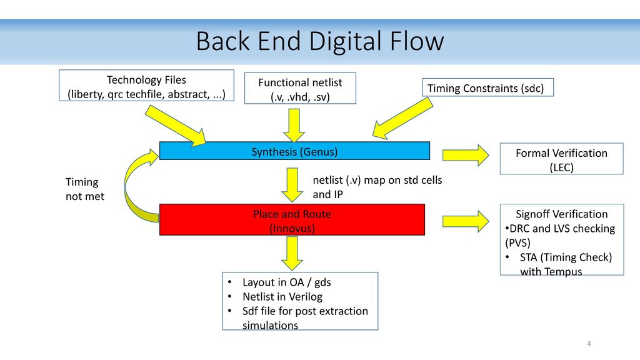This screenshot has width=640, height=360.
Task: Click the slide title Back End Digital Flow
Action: coord(320,41)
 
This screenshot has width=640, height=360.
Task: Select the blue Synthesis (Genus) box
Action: coord(294,151)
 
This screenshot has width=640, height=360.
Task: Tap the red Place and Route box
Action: coord(292,219)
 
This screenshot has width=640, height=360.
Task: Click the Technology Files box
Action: coord(146,85)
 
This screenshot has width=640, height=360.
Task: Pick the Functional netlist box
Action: coord(300,88)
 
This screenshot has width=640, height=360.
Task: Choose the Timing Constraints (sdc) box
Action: coord(487,87)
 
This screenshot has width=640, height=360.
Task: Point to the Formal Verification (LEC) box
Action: coord(562,159)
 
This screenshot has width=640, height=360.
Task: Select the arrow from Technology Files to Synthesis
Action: coord(176,125)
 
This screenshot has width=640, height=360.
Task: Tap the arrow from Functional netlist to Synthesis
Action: coord(294,125)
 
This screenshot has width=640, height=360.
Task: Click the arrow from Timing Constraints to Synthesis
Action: coord(402,118)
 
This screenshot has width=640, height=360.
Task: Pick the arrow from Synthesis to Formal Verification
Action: coord(466,155)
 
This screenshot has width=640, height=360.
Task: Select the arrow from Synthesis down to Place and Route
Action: coord(292,185)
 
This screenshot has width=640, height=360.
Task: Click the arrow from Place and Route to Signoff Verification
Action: coord(466,221)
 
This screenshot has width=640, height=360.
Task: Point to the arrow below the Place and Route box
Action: coord(292,254)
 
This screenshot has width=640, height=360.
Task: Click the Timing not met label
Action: coord(85,189)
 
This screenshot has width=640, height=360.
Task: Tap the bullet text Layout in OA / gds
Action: coord(286,282)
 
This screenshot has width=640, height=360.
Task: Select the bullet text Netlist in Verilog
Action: coord(282,297)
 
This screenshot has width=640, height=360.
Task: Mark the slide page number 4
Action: coord(589,344)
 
